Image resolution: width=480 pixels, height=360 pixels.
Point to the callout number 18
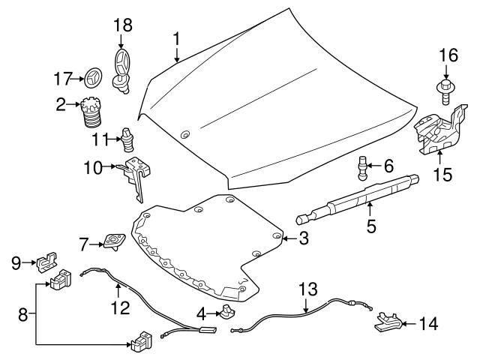(x=121, y=25)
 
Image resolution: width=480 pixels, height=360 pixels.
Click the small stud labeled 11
(x=127, y=139)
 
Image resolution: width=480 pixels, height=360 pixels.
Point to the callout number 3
(x=303, y=239)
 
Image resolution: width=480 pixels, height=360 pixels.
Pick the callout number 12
(x=119, y=307)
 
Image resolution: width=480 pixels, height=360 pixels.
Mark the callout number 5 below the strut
(x=370, y=224)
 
